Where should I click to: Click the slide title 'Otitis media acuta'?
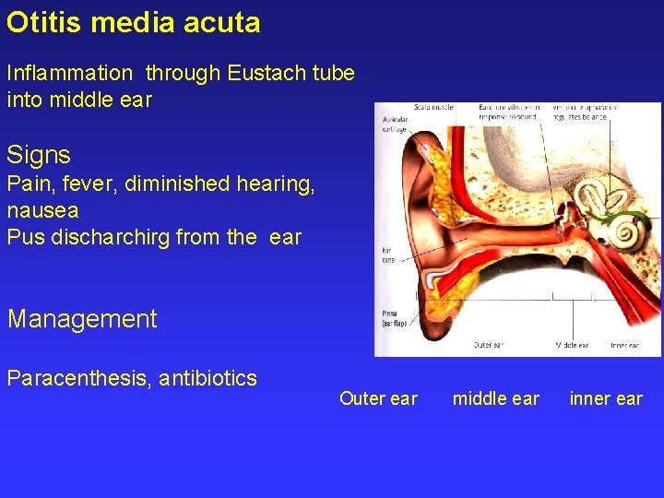(x=134, y=22)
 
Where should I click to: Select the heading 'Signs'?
(x=39, y=154)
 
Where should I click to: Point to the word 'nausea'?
(x=42, y=210)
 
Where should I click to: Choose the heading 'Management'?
(x=82, y=319)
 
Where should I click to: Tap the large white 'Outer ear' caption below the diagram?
(x=378, y=398)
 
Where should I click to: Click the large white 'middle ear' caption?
(x=496, y=398)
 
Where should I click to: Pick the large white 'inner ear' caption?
(x=606, y=398)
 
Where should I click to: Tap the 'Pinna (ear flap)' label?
(x=393, y=319)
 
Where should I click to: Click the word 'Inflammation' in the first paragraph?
(x=69, y=73)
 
